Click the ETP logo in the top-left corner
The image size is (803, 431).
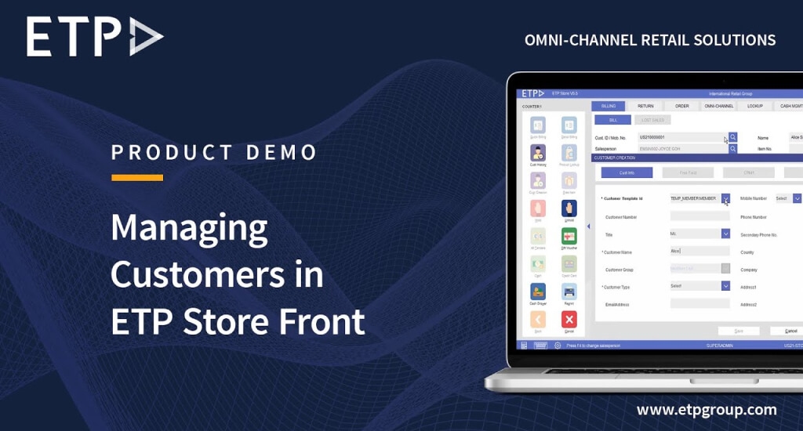[94, 37]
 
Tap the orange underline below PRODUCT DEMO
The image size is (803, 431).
[137, 177]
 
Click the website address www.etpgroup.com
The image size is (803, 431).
[707, 410]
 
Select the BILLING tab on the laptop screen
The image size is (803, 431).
[608, 106]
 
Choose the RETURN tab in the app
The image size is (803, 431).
[645, 106]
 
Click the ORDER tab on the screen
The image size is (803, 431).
[682, 106]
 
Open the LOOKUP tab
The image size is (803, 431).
[755, 106]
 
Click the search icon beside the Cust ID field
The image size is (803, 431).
[733, 137]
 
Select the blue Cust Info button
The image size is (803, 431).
[627, 172]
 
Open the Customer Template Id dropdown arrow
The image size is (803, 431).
[725, 198]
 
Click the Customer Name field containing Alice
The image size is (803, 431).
[699, 251]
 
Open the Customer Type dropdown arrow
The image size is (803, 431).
[725, 286]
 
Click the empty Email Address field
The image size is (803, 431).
[699, 303]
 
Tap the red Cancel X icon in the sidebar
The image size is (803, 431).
[569, 319]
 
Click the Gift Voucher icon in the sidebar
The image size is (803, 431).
[569, 235]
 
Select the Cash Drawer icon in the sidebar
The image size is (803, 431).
[538, 292]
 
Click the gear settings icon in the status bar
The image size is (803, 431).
[558, 345]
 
